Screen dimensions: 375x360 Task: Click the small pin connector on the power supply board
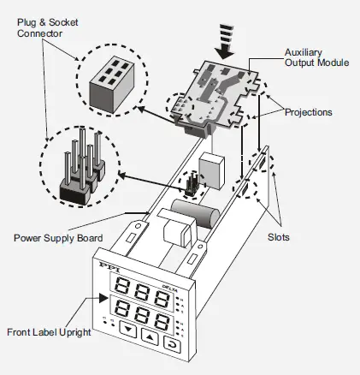click(192, 183)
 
